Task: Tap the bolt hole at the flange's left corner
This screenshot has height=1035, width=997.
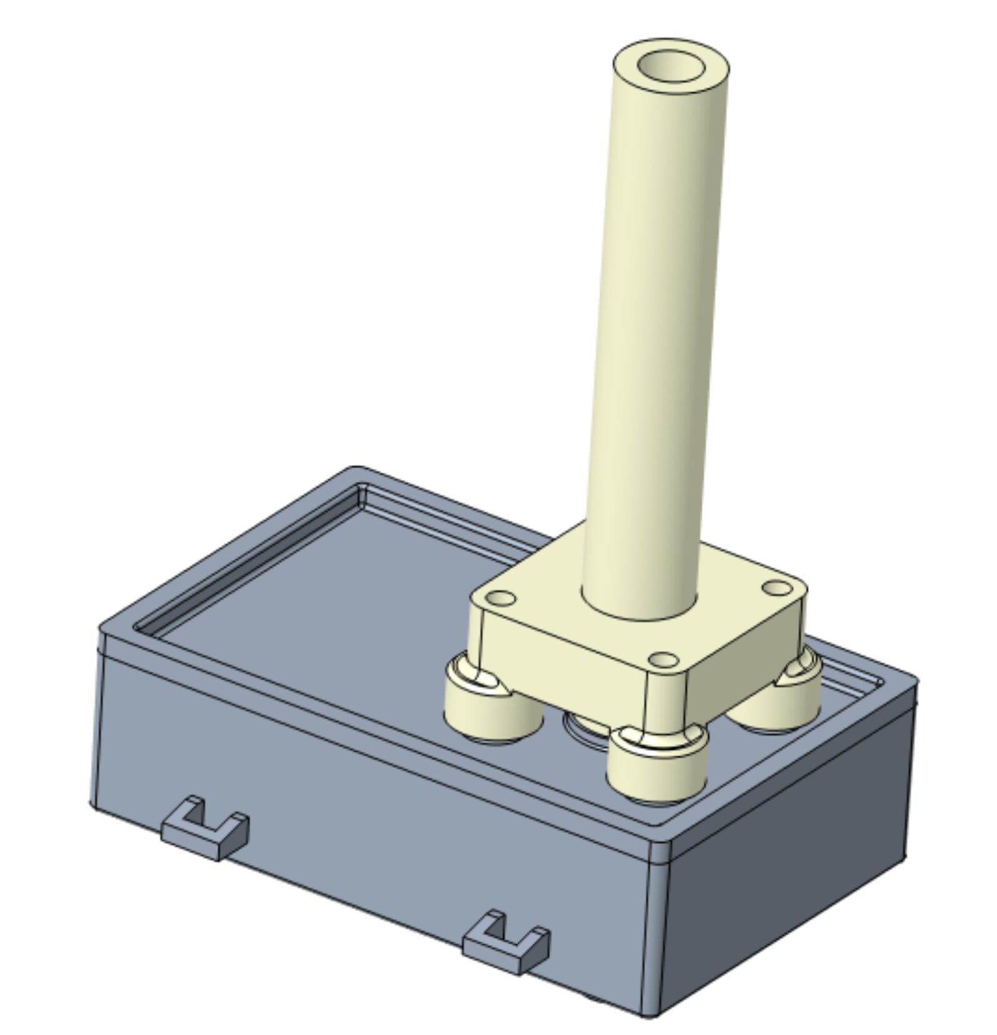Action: click(x=502, y=599)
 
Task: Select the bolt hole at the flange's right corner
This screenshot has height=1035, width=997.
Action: click(x=777, y=588)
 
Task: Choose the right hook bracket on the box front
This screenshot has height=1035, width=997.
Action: click(x=506, y=943)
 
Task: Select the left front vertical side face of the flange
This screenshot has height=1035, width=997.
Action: click(x=562, y=655)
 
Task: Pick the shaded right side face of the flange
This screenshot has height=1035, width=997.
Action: click(x=743, y=655)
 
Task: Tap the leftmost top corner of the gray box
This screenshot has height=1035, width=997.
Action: click(x=102, y=630)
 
